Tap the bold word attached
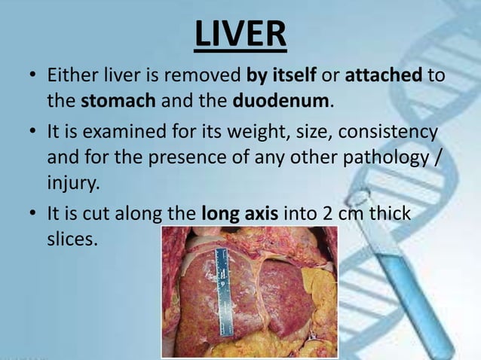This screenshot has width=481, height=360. tap(384, 77)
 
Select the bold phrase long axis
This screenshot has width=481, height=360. tap(241, 214)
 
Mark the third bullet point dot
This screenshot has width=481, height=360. tap(32, 215)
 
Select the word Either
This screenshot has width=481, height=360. tap(72, 77)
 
